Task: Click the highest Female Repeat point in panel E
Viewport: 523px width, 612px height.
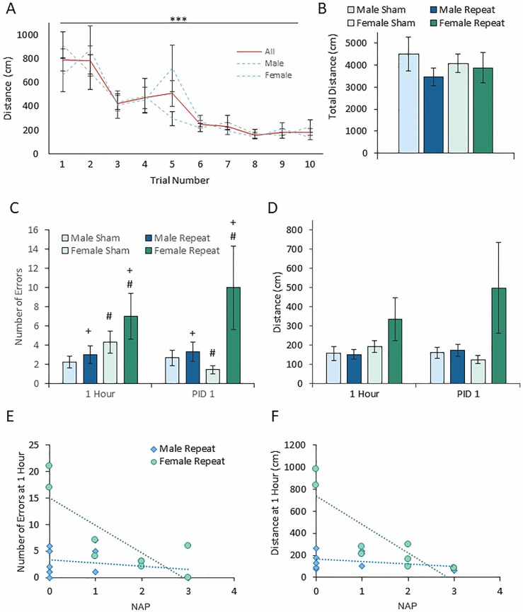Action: pyautogui.click(x=50, y=465)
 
